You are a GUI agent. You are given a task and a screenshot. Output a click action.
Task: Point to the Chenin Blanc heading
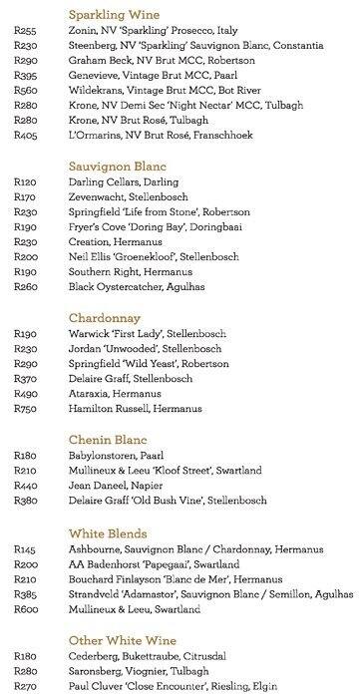[x=107, y=438]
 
